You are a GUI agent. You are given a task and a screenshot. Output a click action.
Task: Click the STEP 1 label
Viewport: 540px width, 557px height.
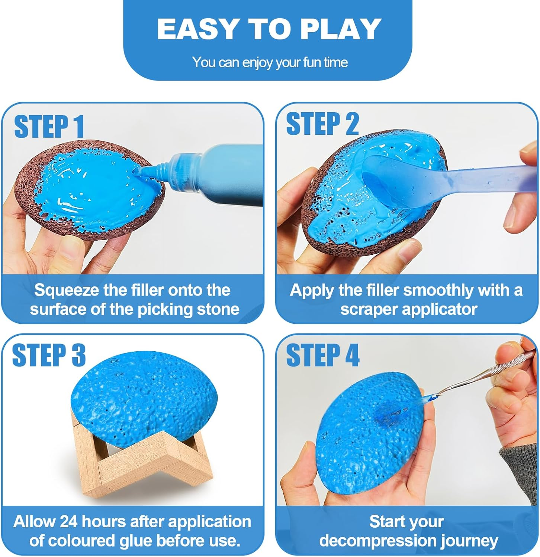pyautogui.click(x=49, y=127)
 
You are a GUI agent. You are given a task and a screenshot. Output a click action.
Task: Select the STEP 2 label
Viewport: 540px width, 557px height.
pyautogui.click(x=322, y=124)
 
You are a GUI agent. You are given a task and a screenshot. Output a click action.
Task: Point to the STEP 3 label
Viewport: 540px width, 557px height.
pyautogui.click(x=49, y=355)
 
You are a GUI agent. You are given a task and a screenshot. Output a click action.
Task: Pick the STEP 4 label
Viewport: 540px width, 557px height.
pyautogui.click(x=322, y=355)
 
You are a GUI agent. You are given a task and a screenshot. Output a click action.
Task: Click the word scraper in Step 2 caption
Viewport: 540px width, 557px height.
pyautogui.click(x=366, y=309)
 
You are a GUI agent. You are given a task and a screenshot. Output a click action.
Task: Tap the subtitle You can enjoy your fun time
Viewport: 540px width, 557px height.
pyautogui.click(x=270, y=62)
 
